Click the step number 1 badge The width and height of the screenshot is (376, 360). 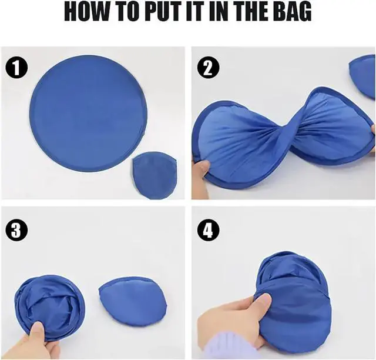pyautogui.click(x=16, y=68)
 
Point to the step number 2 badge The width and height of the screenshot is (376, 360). pyautogui.click(x=208, y=68)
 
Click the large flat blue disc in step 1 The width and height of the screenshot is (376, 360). pyautogui.click(x=89, y=113)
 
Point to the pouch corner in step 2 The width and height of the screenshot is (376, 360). pyautogui.click(x=363, y=77)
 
